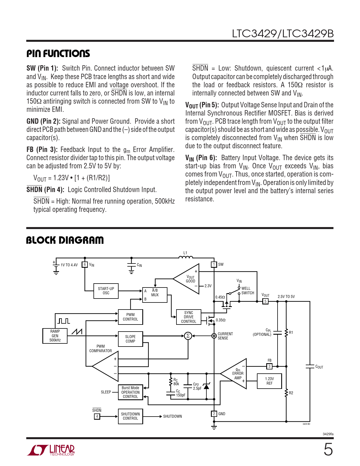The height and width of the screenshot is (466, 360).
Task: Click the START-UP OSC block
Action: pos(106,291)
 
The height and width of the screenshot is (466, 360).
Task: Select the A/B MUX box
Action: pos(155,295)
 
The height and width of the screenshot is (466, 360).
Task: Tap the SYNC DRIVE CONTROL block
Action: pos(189,317)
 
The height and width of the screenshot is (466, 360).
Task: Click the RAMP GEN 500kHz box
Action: pos(55,336)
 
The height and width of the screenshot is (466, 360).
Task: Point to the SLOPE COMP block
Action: pos(130,339)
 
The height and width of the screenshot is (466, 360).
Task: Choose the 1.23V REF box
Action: pos(269,381)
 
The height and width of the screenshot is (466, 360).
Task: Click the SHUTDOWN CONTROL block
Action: pos(130,416)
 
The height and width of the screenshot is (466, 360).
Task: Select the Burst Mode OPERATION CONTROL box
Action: pos(130,392)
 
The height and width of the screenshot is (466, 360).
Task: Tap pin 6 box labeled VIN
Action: pos(85,265)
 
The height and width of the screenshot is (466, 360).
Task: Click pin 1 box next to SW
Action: pos(214,265)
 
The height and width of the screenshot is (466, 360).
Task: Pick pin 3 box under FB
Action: pos(269,367)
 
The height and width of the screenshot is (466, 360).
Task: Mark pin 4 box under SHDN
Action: pos(97,417)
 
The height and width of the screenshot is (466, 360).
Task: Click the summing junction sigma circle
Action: pos(188,336)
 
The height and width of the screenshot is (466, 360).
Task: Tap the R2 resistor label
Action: pos(291,393)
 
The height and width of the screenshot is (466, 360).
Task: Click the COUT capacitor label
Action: pos(319,367)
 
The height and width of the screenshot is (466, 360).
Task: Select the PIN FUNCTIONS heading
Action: pos(58,54)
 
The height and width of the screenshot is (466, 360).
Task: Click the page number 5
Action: pos(328,450)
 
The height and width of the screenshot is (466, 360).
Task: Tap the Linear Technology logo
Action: pos(51,450)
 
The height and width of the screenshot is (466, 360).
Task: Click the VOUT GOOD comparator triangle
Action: pos(186,279)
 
